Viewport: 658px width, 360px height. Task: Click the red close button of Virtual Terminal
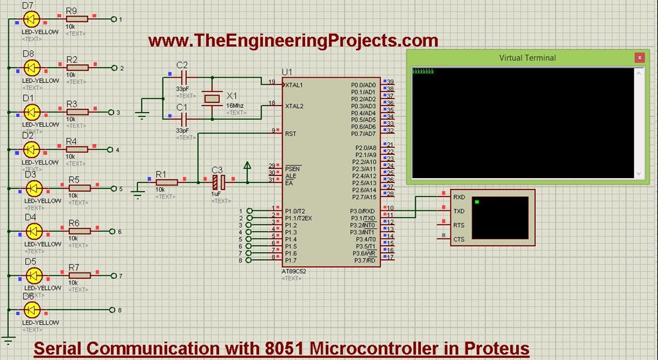639,58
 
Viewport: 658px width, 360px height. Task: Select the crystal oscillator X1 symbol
213,97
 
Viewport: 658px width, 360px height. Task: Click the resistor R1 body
166,182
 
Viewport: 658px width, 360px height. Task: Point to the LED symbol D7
31,20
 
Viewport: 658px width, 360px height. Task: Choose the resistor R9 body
76,19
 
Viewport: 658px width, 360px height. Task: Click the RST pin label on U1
290,134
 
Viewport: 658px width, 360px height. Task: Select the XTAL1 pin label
294,85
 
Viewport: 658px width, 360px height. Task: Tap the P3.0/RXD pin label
362,212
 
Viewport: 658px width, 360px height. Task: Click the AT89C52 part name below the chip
295,271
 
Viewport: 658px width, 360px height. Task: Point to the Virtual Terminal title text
528,58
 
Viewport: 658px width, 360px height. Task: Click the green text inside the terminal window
423,71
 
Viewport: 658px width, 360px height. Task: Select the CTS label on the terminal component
459,240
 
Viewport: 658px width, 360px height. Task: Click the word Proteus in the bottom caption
491,348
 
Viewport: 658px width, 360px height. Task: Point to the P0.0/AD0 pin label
363,85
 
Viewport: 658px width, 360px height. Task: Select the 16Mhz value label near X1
235,105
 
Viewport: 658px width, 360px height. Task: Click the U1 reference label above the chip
287,71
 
